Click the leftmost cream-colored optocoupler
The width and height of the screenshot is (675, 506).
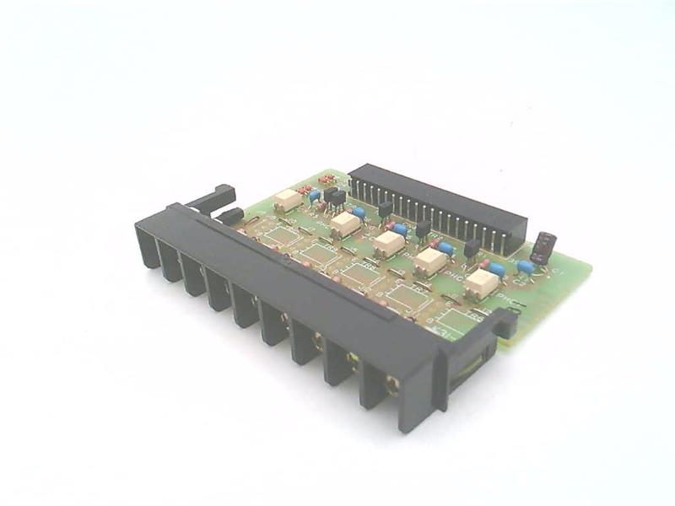click(x=289, y=200)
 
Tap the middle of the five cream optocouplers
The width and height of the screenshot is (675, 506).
click(x=388, y=244)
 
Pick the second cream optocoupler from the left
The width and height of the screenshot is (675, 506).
click(x=345, y=223)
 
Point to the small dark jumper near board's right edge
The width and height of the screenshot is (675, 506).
click(x=542, y=245)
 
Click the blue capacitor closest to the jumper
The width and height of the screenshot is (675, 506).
click(x=526, y=267)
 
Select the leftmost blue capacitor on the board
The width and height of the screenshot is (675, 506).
click(x=315, y=196)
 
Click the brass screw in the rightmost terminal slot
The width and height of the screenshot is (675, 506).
click(x=391, y=385)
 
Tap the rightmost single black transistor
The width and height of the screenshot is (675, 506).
click(x=472, y=246)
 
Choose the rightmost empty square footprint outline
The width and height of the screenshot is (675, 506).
click(x=456, y=320)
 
